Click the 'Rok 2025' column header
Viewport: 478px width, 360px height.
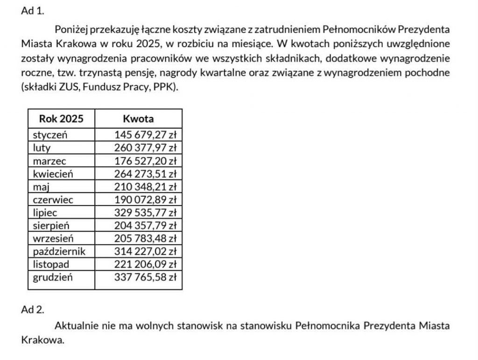tap(61, 118)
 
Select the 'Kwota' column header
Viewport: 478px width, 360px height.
tap(138, 118)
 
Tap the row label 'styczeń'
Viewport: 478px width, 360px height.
tap(50, 135)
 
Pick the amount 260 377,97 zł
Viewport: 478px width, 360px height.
tap(145, 148)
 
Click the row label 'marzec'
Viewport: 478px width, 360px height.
tap(49, 161)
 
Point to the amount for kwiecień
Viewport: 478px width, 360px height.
tap(145, 174)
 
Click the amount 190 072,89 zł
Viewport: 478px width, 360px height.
tap(145, 200)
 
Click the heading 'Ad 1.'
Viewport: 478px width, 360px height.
tap(32, 12)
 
